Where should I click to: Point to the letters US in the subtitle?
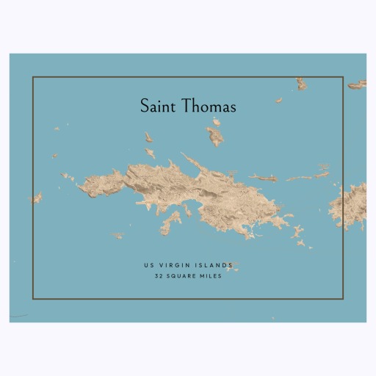[149, 265]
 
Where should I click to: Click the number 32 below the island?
[159, 276]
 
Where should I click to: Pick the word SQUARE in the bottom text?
[182, 276]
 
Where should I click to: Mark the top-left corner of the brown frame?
[33, 77]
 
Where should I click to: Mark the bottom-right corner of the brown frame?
[343, 298]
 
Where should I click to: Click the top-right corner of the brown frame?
[343, 77]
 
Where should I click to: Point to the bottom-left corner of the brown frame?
[33, 298]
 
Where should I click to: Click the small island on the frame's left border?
[35, 198]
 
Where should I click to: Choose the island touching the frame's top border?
[300, 83]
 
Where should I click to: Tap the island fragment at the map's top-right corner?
[358, 85]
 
